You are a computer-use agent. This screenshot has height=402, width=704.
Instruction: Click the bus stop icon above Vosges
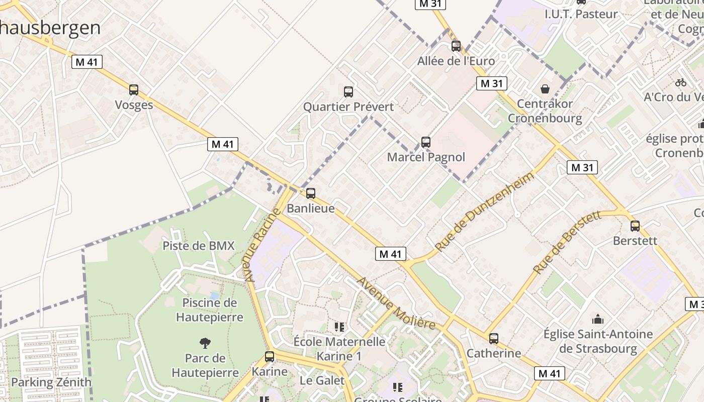[x=134, y=90]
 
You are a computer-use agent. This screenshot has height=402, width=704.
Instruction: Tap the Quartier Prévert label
[x=348, y=107]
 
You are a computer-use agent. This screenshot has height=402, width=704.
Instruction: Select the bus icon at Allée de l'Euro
[x=456, y=46]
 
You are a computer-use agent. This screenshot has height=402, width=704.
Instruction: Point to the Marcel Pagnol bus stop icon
[x=426, y=142]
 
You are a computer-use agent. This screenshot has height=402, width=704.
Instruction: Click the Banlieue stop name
[x=311, y=208]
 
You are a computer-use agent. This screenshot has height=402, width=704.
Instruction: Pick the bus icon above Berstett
[x=635, y=226]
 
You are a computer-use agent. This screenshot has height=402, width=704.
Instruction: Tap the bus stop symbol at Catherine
[x=494, y=339]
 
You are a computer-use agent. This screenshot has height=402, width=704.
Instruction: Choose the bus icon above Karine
[x=270, y=357]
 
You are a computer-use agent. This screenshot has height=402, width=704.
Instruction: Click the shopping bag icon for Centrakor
[x=545, y=89]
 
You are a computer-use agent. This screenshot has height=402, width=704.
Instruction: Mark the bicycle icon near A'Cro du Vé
[x=681, y=82]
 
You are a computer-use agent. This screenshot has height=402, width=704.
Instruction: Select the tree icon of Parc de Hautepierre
[x=205, y=343]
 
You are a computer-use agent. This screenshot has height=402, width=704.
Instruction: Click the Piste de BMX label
[x=199, y=246]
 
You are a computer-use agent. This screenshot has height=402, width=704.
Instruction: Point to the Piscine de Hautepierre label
[x=210, y=310]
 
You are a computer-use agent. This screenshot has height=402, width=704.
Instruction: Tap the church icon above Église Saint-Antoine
[x=598, y=319]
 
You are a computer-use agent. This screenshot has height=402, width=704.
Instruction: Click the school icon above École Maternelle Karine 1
[x=339, y=327]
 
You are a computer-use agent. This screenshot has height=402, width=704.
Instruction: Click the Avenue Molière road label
[x=396, y=303]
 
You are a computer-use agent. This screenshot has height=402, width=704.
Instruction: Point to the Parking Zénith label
[x=51, y=382]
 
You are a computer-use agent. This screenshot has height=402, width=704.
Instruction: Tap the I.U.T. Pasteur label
[x=581, y=14]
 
